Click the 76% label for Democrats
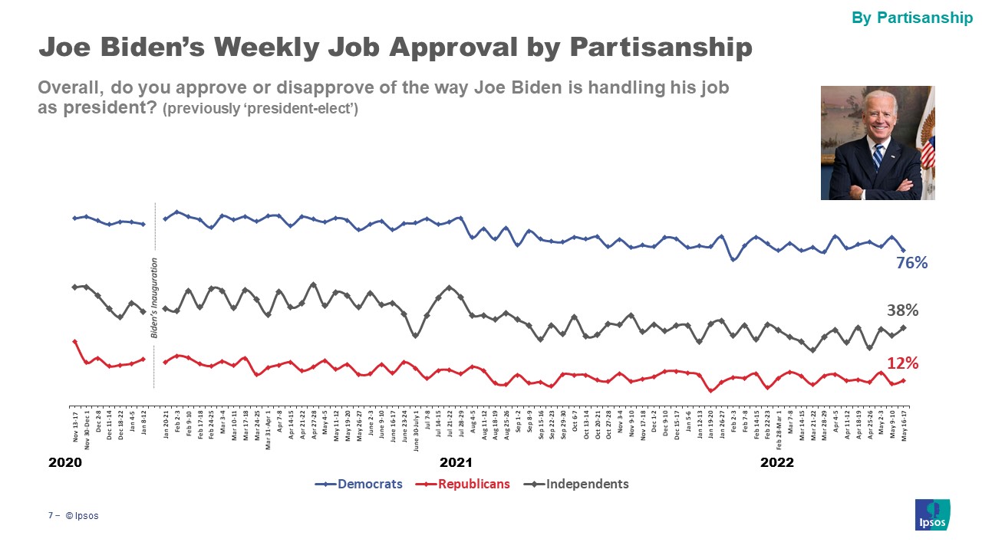[912, 263]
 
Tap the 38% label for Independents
[902, 310]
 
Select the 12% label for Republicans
[902, 363]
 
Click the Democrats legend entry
[359, 484]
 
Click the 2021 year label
[456, 462]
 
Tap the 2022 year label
[776, 462]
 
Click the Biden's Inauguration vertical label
[154, 298]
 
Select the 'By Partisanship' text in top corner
[912, 18]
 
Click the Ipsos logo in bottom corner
[932, 514]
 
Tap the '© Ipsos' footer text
[81, 516]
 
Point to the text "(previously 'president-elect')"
[260, 109]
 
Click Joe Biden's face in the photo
[878, 114]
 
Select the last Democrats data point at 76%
[903, 251]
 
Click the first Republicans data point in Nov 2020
[74, 342]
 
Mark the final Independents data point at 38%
[903, 327]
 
